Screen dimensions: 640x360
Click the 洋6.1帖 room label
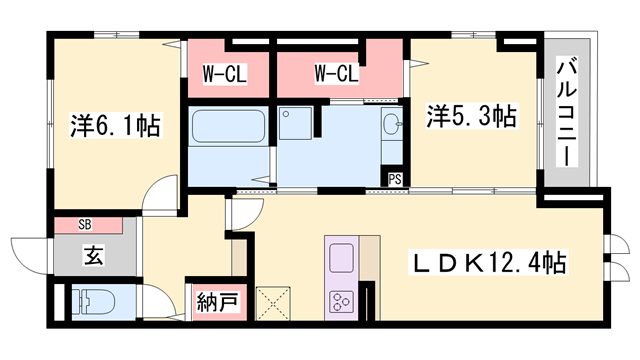coord(116,125)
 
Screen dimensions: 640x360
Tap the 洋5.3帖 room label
coord(472,116)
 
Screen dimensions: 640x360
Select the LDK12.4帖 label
coord(489,262)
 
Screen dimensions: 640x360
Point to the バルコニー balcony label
coord(567,112)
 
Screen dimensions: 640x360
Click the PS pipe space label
coord(395,179)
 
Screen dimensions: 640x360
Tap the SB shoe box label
coord(85,224)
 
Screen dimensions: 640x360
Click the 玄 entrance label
coord(94,255)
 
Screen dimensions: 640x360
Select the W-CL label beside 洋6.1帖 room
coord(224,75)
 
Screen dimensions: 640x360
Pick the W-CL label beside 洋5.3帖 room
coord(336,74)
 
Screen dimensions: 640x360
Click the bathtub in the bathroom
coord(229,126)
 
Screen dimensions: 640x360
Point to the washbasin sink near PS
coord(392,123)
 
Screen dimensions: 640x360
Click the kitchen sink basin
coord(342,258)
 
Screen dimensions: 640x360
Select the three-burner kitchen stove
coord(342,302)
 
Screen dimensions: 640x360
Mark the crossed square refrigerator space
coord(273,303)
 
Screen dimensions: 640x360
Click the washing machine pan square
coord(295,123)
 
